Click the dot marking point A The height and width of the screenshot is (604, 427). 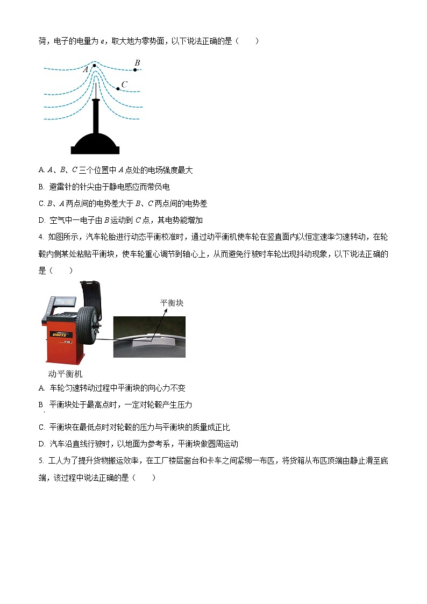click(x=95, y=66)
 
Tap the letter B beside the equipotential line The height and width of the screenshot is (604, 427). click(x=137, y=63)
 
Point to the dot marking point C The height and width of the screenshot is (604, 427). click(x=118, y=88)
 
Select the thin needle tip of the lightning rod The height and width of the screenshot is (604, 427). click(x=95, y=86)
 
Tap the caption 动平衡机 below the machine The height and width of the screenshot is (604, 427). click(x=65, y=373)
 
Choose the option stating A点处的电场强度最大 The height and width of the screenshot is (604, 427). click(x=116, y=170)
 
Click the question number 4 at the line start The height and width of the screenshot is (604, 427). click(x=41, y=237)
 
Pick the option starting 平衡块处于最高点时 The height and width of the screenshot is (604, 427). click(x=115, y=404)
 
